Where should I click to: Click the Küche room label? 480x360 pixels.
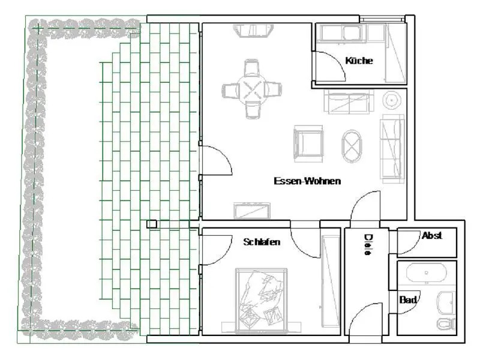(359, 61)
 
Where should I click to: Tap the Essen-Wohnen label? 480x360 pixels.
(307, 181)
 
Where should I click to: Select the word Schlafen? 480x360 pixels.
(262, 242)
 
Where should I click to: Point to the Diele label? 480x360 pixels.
(368, 244)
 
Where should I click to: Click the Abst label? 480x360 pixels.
(432, 235)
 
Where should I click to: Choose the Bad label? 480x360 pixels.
(408, 299)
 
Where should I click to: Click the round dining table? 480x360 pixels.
(251, 88)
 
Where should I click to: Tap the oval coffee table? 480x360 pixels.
(352, 146)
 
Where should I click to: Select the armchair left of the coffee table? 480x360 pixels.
(308, 143)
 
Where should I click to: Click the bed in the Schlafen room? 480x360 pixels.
(261, 301)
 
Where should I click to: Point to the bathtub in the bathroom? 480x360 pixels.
(427, 273)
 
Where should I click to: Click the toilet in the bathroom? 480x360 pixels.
(446, 324)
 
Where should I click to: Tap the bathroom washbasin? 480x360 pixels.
(446, 302)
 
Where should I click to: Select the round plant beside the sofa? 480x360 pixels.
(391, 100)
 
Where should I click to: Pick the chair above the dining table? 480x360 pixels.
(251, 68)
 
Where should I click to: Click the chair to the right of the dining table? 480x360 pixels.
(272, 89)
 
